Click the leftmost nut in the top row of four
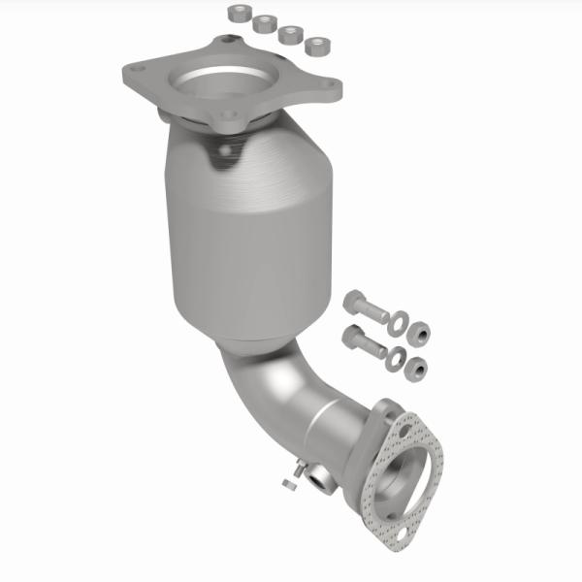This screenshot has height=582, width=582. [x=238, y=14]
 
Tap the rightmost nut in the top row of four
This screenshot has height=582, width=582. [x=315, y=45]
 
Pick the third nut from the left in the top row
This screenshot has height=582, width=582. [x=289, y=34]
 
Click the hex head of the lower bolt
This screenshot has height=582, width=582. [x=351, y=338]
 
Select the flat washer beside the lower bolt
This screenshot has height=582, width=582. [x=395, y=358]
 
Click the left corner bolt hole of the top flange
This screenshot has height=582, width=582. [x=136, y=70]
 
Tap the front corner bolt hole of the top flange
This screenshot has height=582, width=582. [x=229, y=117]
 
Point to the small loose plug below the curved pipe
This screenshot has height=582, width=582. [x=287, y=480]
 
